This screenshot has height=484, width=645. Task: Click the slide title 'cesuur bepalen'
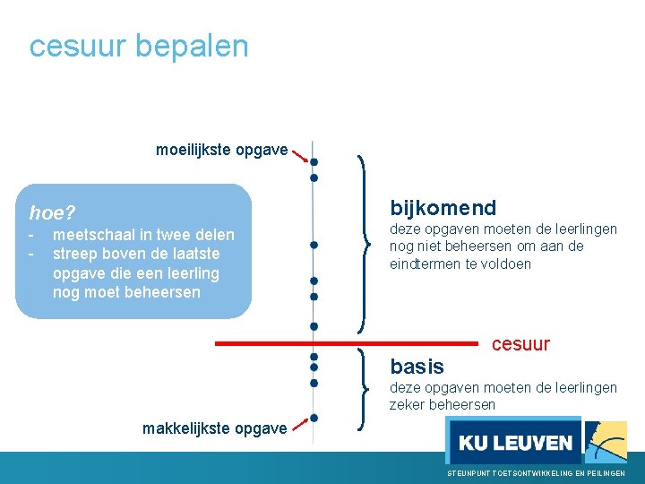point(139,46)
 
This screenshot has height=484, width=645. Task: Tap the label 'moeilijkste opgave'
point(221,150)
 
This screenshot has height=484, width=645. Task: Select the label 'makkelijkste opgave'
point(214,428)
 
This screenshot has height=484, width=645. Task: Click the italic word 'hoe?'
point(53,213)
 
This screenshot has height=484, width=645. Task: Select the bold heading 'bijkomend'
point(443,208)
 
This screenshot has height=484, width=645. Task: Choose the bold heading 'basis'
point(417,367)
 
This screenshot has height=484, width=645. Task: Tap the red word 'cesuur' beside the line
point(520,344)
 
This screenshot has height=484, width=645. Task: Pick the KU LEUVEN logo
point(514,442)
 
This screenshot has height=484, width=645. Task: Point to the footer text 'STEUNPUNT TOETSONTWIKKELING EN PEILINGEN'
point(536,472)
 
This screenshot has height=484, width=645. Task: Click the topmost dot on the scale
point(314,162)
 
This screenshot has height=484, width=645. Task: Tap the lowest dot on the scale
point(314,418)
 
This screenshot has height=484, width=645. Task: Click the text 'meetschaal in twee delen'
point(143,235)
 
